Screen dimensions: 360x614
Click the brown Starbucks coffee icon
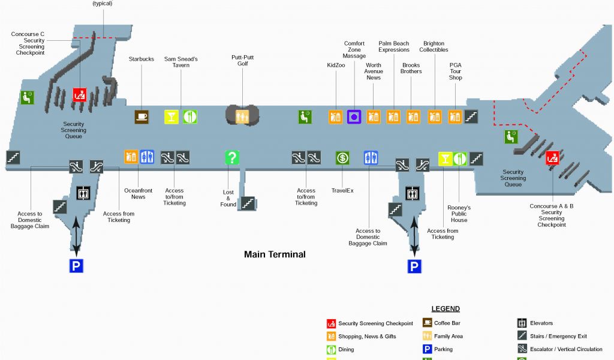pos(142,117)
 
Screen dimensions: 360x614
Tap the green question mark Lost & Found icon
pos(232,158)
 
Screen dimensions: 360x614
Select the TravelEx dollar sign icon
pos(342,158)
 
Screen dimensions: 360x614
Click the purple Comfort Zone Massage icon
pos(354,116)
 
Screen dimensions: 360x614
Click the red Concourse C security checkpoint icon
pos(80,95)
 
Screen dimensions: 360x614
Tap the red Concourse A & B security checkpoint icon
pos(552,158)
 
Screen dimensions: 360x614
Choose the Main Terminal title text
pos(275,254)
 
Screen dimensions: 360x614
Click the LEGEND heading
pos(446,309)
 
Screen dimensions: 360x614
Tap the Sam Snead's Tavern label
pos(181,62)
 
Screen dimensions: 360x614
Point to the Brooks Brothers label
pos(411,68)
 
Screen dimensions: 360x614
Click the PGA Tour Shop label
pos(456,71)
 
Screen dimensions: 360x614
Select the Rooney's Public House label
pos(459,214)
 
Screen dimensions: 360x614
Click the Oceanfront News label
pos(139,193)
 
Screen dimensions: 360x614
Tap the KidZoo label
pos(336,65)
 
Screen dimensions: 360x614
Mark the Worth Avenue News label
pos(374,71)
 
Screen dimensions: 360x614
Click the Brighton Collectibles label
pos(434,47)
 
